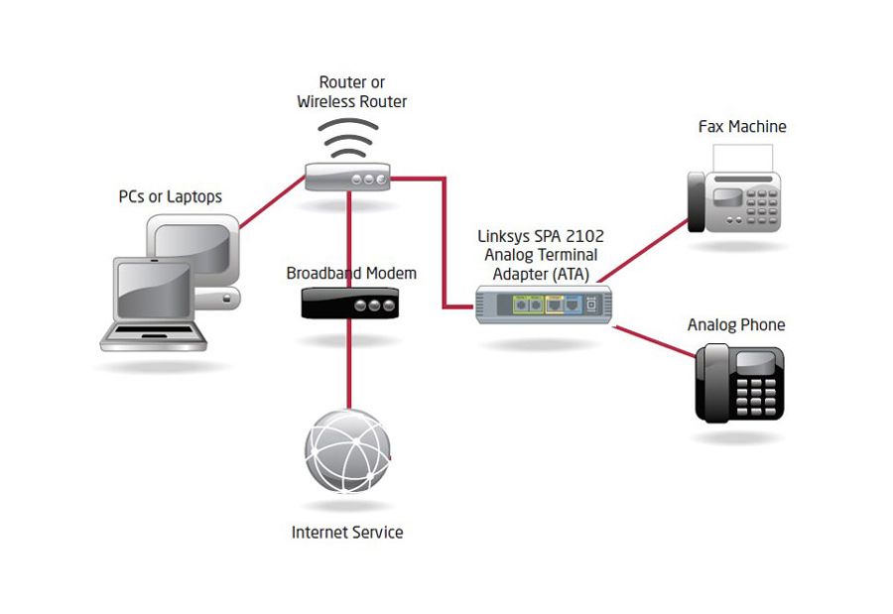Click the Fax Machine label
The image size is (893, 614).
[x=742, y=127]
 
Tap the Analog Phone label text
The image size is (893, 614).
[x=736, y=325]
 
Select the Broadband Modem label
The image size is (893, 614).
[x=351, y=273]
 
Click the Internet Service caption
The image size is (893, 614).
[x=347, y=533]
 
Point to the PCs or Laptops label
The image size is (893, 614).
[x=171, y=196]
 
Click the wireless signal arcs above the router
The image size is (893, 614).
[x=348, y=139]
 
